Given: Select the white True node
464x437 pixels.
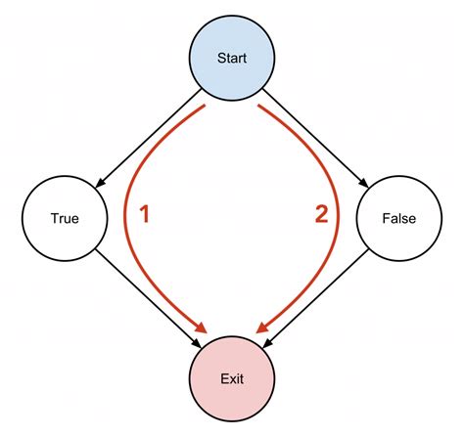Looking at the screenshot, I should (65, 217).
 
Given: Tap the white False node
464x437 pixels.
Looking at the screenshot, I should (398, 217).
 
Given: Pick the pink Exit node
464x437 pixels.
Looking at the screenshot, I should (231, 377).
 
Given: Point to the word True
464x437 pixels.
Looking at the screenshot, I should (65, 218).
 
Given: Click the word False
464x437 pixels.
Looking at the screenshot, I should (398, 218).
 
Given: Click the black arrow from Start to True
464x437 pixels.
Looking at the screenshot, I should (147, 138).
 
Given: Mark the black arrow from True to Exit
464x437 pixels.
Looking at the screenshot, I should (147, 297).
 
